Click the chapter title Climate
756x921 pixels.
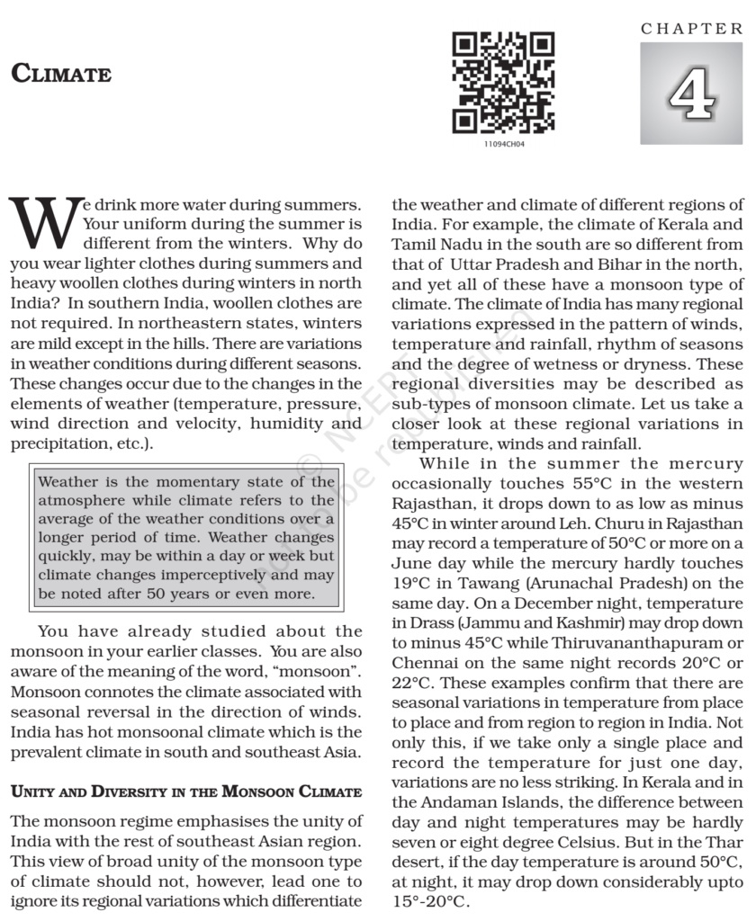pyautogui.click(x=61, y=74)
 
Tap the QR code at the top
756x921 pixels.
pyautogui.click(x=503, y=83)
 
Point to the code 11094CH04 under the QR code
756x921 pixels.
pyautogui.click(x=503, y=143)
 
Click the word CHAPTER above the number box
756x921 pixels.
pyautogui.click(x=692, y=29)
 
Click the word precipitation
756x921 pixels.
pyautogui.click(x=55, y=443)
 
